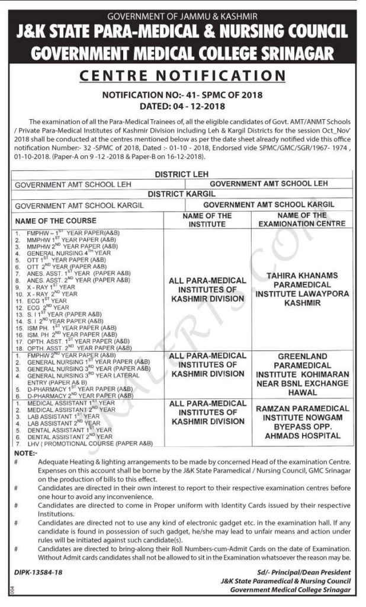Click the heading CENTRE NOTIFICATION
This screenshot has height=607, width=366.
click(183, 76)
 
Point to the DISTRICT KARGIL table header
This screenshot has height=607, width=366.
click(183, 194)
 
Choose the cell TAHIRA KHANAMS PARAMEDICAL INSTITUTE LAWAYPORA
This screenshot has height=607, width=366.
click(302, 289)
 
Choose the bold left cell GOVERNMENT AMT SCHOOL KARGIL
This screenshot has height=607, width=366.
click(79, 205)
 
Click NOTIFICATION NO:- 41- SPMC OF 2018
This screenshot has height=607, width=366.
click(183, 94)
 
